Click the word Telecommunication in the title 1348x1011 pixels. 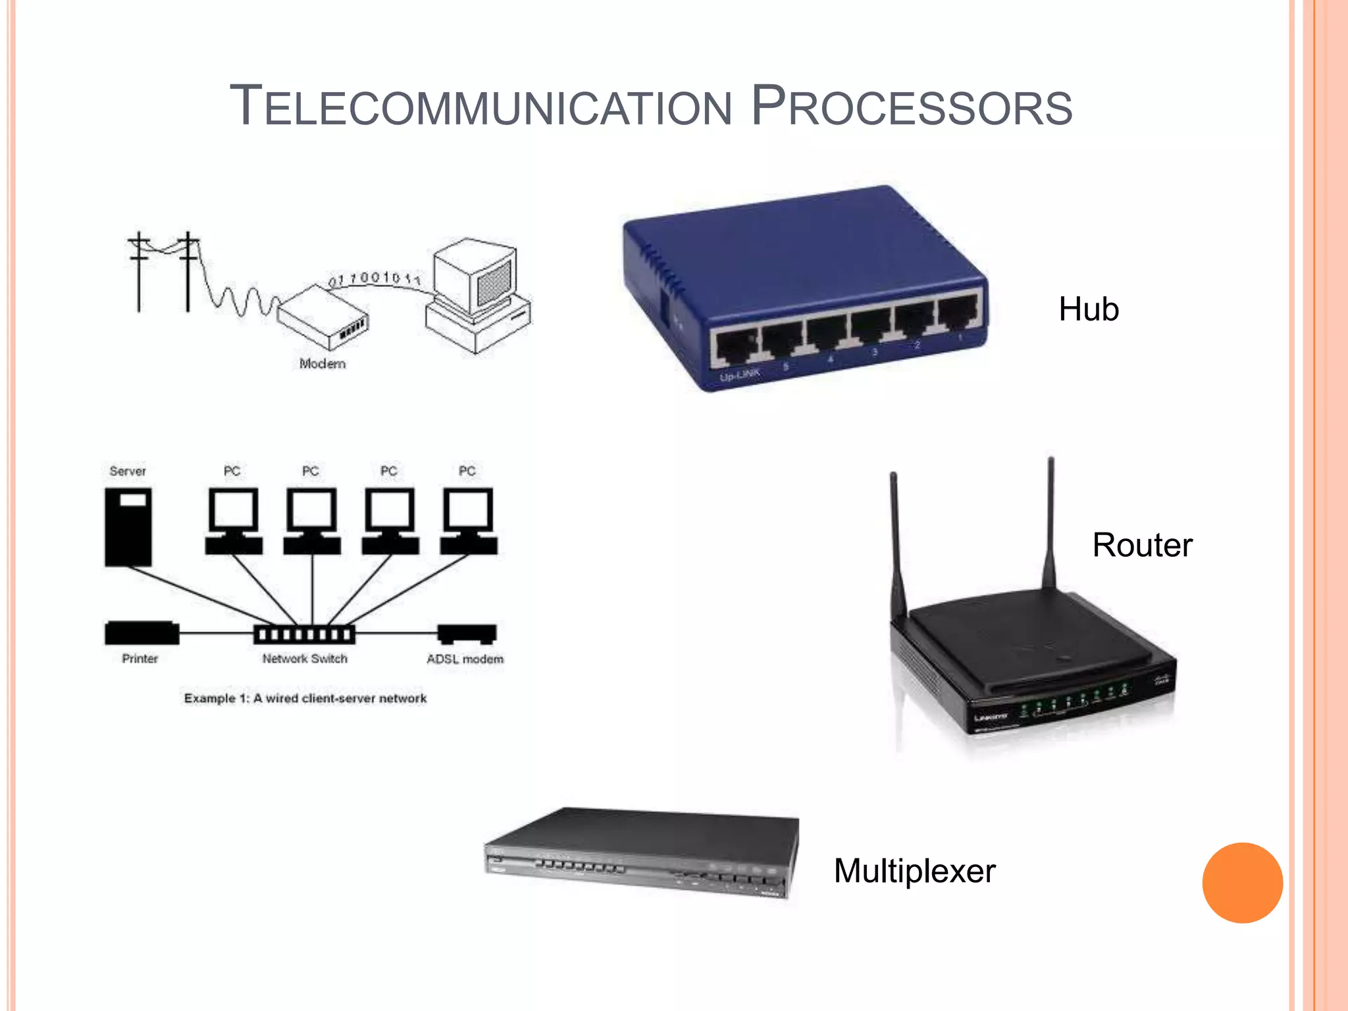(x=480, y=107)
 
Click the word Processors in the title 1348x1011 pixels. (x=912, y=107)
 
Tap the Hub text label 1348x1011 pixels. (x=1088, y=309)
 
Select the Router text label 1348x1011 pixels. (x=1142, y=545)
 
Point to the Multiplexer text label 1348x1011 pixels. (x=914, y=871)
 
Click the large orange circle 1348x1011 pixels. (x=1242, y=883)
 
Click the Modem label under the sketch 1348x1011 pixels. (x=322, y=363)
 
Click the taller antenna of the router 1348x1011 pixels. (x=1050, y=520)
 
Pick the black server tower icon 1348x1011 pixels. (x=128, y=527)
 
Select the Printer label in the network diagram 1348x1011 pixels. (x=140, y=659)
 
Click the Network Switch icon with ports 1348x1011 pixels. (x=304, y=635)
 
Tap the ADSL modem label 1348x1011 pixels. (x=465, y=659)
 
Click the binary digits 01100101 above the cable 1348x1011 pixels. (x=374, y=278)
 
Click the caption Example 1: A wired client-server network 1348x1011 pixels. (x=305, y=698)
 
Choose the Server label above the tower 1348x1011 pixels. (x=128, y=471)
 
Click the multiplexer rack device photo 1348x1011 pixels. (x=642, y=852)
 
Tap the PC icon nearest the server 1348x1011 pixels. (x=233, y=520)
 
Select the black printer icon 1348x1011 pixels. (x=142, y=633)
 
